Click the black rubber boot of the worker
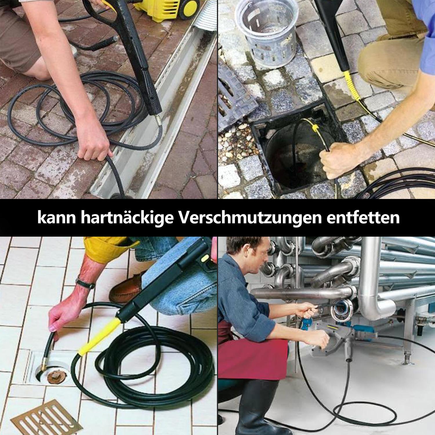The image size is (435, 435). (x=255, y=406)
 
